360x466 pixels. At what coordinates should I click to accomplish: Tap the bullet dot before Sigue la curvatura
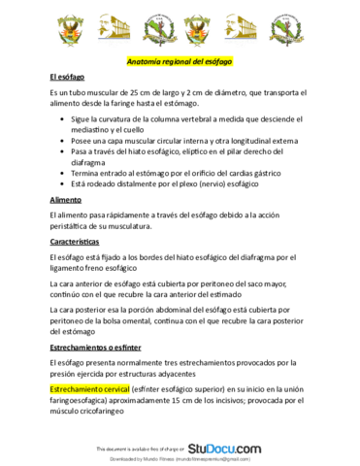coord(62,117)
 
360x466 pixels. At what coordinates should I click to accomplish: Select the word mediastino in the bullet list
coord(96,128)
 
